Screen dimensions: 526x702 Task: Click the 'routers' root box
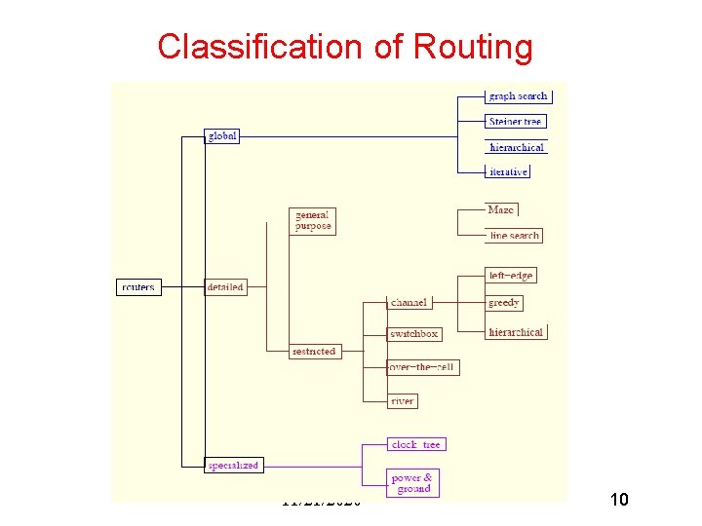pyautogui.click(x=137, y=287)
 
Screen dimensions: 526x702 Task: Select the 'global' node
pyautogui.click(x=221, y=136)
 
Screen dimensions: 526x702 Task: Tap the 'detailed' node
pyautogui.click(x=225, y=287)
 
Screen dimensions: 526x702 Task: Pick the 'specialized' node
pyautogui.click(x=233, y=466)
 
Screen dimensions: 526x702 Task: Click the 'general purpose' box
pyautogui.click(x=313, y=220)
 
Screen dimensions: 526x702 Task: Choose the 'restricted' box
pyautogui.click(x=314, y=352)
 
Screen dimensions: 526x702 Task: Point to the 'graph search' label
pyautogui.click(x=518, y=96)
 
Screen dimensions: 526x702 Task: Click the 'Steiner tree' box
pyautogui.click(x=516, y=122)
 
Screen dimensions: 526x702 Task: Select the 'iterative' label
pyautogui.click(x=508, y=171)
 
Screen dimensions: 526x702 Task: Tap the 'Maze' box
pyautogui.click(x=501, y=209)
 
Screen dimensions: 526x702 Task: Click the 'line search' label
pyautogui.click(x=514, y=235)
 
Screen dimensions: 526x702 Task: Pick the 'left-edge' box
pyautogui.click(x=511, y=276)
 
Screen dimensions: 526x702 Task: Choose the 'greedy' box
pyautogui.click(x=504, y=303)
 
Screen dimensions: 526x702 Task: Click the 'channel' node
pyautogui.click(x=409, y=303)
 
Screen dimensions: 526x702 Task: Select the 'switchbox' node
pyautogui.click(x=413, y=334)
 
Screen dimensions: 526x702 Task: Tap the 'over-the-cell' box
pyautogui.click(x=422, y=367)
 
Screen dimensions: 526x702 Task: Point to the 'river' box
pyautogui.click(x=402, y=400)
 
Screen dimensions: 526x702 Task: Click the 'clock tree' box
pyautogui.click(x=416, y=444)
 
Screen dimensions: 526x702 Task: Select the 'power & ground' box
pyautogui.click(x=413, y=483)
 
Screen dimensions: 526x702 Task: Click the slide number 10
pyautogui.click(x=617, y=500)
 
